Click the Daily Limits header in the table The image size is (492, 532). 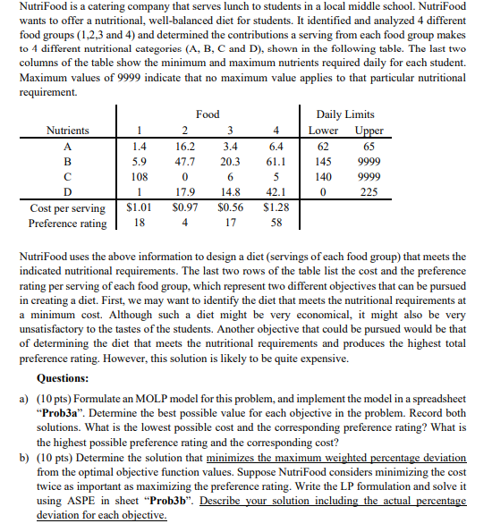[x=345, y=114]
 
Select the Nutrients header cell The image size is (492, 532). [x=68, y=131]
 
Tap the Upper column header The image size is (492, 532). [x=368, y=131]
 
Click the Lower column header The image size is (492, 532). [x=323, y=131]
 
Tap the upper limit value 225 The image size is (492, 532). [x=368, y=193]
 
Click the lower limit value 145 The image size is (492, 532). [x=323, y=163]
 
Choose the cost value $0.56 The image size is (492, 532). [x=230, y=208]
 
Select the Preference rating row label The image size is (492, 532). [x=68, y=224]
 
